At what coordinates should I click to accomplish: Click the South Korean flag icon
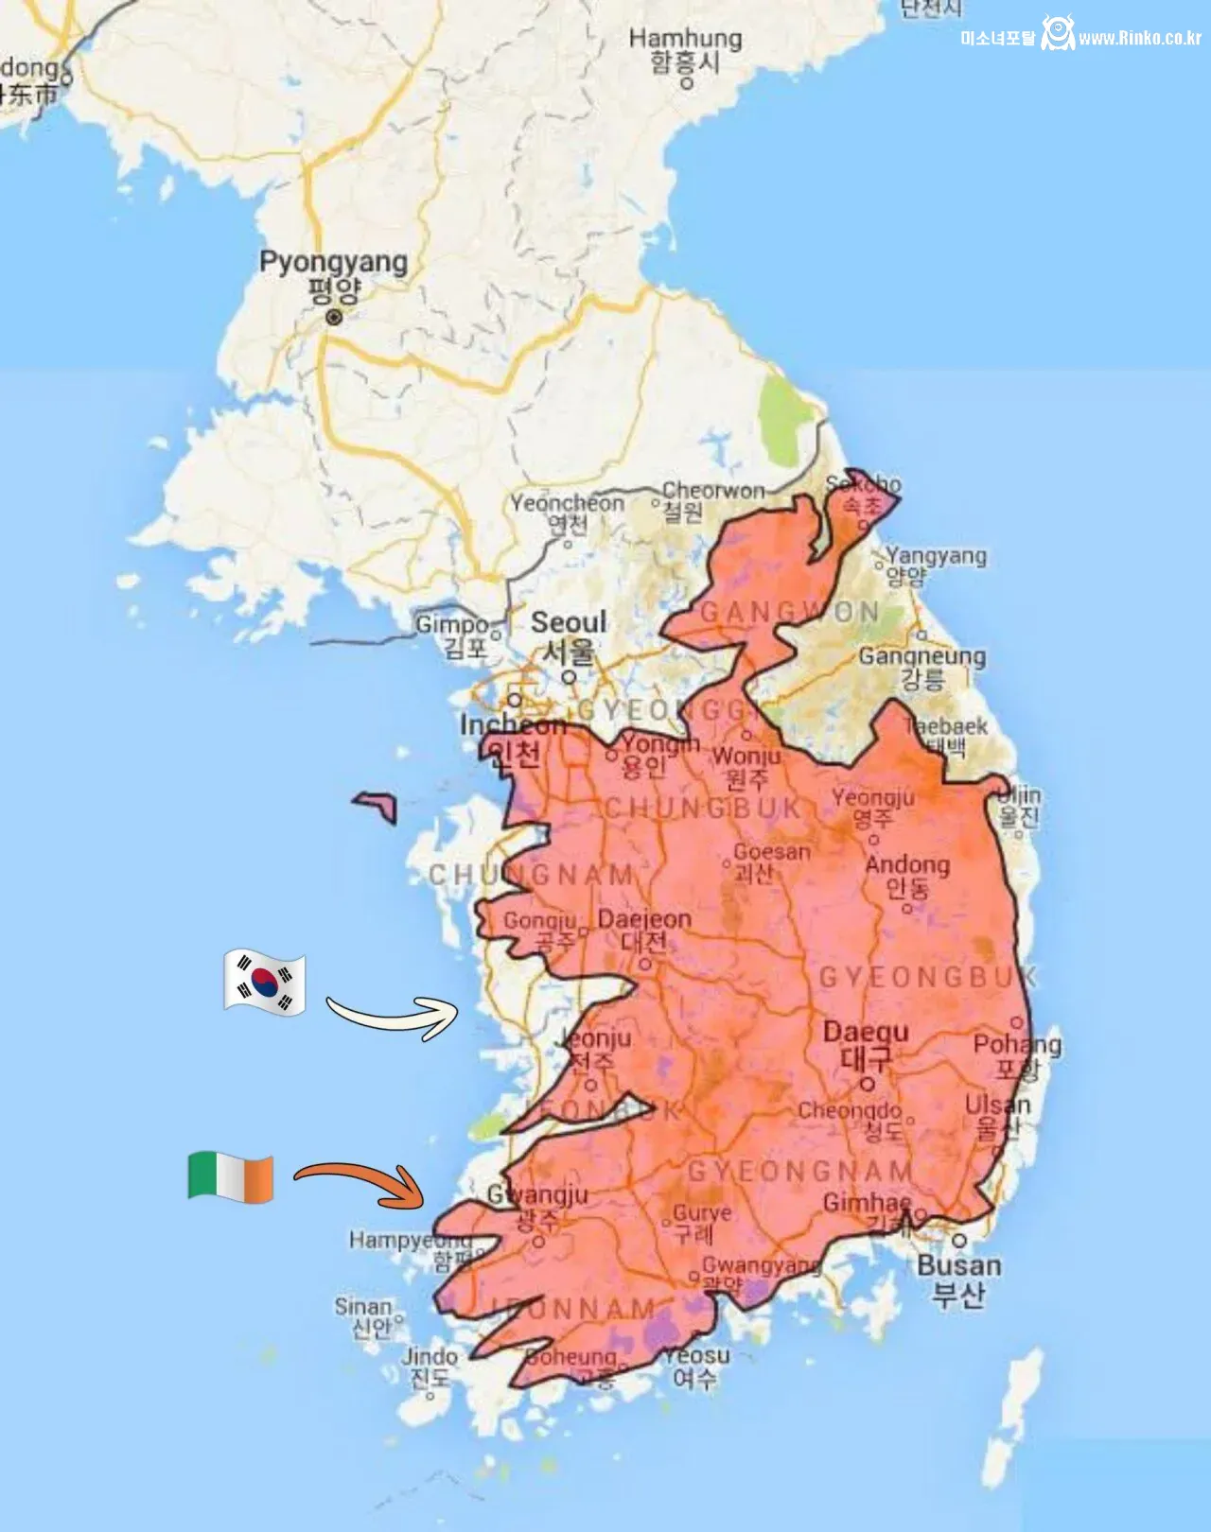[x=265, y=983]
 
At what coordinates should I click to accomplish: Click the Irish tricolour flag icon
[x=231, y=1177]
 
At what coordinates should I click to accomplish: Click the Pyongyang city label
[x=334, y=262]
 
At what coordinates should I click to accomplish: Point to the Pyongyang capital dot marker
[x=334, y=318]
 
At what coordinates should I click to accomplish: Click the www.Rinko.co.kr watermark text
[x=1140, y=38]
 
